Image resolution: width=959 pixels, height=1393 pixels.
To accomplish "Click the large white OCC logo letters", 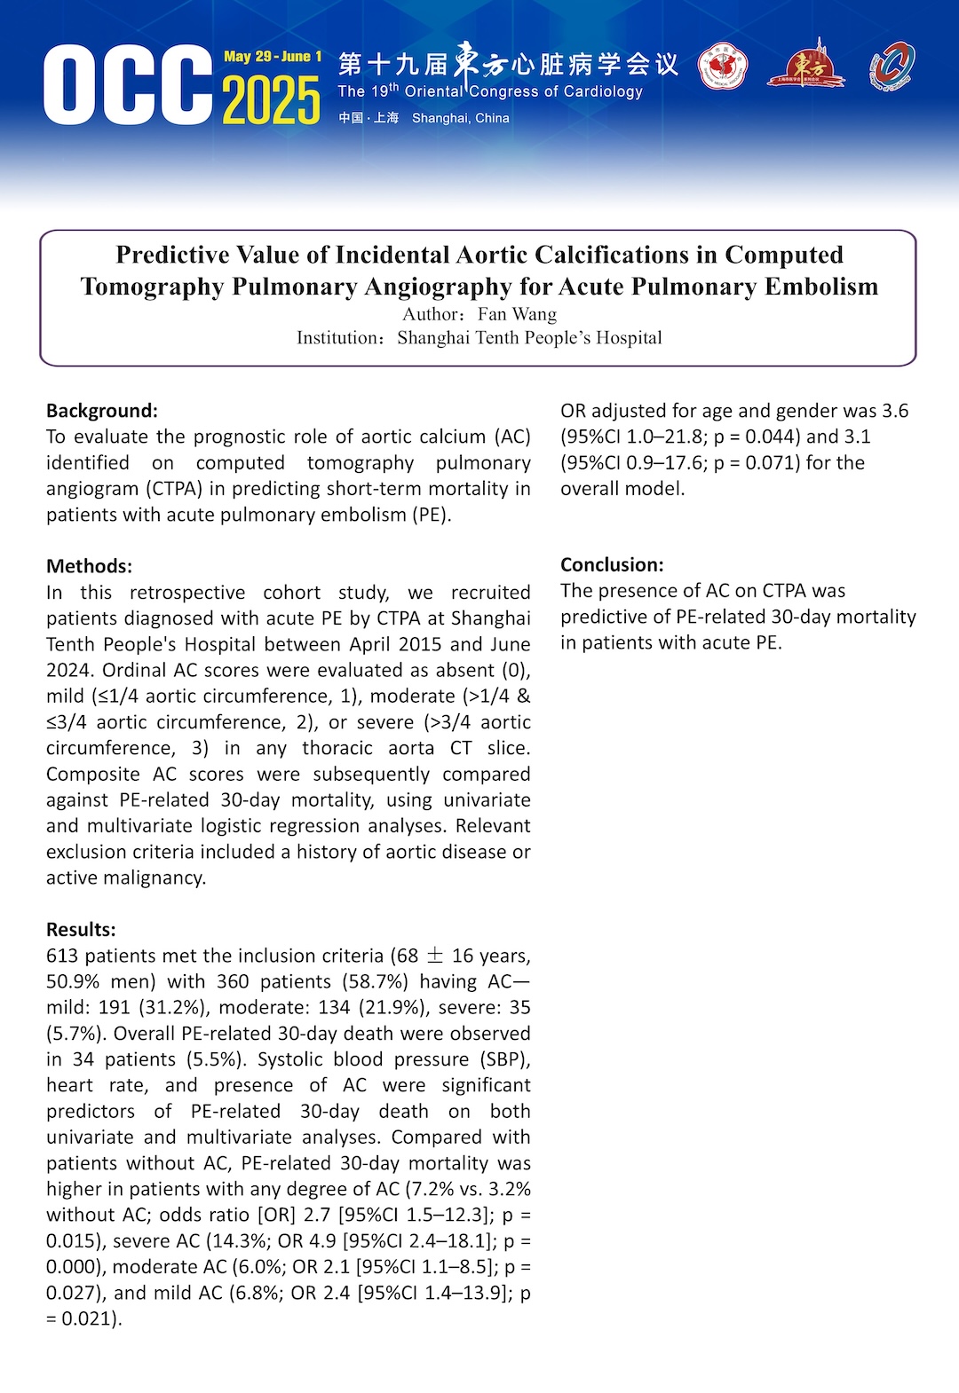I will point(127,85).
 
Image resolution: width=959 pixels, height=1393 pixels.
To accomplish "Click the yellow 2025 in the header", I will point(271,100).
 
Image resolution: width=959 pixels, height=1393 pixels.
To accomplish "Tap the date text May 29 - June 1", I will point(273,57).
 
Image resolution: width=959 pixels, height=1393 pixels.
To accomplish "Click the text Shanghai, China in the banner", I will point(460,118).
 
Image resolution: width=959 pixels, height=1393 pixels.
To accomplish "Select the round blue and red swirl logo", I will point(892,67).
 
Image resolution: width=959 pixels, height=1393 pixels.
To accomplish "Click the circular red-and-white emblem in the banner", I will point(722,67).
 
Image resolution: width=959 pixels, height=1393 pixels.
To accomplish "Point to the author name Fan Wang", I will point(517,314).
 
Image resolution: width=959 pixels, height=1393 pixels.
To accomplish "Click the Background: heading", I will point(102,411).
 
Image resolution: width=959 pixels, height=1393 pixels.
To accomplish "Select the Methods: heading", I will point(89,566).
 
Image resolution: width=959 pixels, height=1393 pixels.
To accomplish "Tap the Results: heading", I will point(81,930).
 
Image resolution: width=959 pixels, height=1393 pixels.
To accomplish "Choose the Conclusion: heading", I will point(612,565).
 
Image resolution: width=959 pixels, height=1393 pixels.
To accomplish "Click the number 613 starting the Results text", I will point(62,956).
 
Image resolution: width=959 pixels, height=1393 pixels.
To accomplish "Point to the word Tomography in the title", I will point(152,287).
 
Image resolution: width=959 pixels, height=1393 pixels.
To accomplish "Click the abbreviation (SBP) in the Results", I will point(507,1059).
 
